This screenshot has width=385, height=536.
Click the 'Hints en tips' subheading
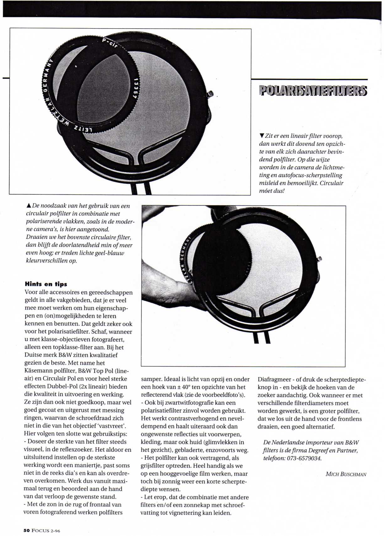click(46, 284)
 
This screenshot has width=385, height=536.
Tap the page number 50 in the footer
click(26, 530)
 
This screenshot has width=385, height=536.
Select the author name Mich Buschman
click(346, 474)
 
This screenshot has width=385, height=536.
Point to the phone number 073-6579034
click(304, 458)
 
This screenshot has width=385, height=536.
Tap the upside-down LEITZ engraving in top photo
click(83, 129)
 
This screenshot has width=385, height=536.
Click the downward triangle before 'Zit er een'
click(262, 136)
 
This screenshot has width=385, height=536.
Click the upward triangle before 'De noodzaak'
click(29, 206)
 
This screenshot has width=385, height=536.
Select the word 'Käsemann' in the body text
click(37, 371)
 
